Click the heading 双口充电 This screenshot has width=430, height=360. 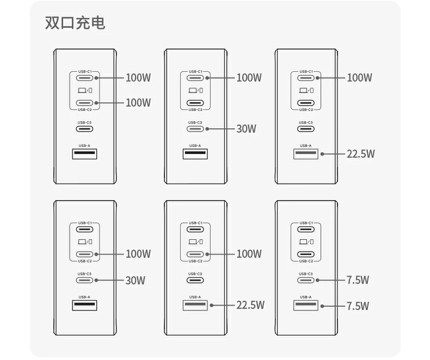click(75, 23)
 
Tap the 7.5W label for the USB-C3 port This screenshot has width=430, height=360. click(358, 280)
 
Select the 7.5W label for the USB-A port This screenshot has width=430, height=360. click(358, 306)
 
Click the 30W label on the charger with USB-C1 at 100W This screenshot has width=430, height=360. click(246, 129)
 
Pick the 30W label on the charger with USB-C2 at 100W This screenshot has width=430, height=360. click(136, 281)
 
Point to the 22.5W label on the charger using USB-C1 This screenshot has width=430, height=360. click(361, 154)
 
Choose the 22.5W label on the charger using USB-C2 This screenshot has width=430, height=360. click(250, 305)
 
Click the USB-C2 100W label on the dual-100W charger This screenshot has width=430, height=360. click(138, 103)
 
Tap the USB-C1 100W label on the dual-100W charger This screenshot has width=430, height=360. click(138, 78)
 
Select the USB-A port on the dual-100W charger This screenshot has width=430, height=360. click(85, 154)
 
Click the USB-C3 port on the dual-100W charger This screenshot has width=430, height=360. click(85, 129)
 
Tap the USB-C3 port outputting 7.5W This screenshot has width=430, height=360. click(306, 280)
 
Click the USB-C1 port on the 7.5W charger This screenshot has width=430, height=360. click(306, 229)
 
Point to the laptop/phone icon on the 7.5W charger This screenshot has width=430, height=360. click(306, 241)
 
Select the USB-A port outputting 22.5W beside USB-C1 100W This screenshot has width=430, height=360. click(306, 154)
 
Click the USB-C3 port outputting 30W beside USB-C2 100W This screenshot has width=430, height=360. click(85, 280)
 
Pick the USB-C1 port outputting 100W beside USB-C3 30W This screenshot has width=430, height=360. click(195, 78)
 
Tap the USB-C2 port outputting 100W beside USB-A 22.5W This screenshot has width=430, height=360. click(195, 254)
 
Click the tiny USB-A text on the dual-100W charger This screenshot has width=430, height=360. click(85, 145)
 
